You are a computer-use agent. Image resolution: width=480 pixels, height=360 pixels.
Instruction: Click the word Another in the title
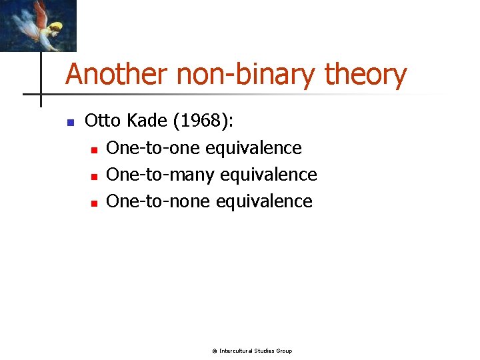(x=117, y=75)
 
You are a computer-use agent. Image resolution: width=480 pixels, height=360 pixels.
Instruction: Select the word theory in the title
(x=365, y=75)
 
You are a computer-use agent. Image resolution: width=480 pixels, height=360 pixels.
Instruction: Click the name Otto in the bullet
(x=102, y=121)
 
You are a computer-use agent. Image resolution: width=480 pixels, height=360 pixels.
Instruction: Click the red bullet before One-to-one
(x=94, y=149)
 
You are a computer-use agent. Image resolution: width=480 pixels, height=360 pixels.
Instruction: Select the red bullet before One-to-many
(x=94, y=176)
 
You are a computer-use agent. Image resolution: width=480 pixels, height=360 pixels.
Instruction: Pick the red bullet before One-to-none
(x=94, y=203)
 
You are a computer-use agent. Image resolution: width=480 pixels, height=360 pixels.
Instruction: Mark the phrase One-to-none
(x=158, y=201)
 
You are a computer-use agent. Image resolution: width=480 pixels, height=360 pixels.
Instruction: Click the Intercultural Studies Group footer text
(x=255, y=351)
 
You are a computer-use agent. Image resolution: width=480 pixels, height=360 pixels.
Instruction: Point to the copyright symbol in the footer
(x=214, y=351)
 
